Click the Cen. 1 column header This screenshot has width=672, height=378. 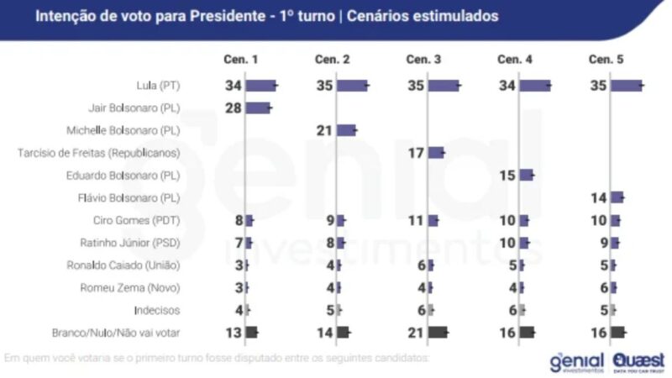pos(241,59)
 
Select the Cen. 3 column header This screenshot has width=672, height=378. pos(423,59)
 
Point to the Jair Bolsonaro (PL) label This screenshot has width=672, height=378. pos(134,108)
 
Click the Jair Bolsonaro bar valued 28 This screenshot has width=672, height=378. pos(257,108)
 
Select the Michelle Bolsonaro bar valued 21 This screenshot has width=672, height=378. pos(346,130)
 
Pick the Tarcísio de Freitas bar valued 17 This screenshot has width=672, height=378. pos(435,152)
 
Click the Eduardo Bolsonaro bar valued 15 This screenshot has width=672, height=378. pos(526,175)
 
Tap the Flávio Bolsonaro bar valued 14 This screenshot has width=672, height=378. pos(617,197)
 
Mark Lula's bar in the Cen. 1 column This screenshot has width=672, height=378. pos(260,86)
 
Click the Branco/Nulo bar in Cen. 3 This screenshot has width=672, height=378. pos(438,332)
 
